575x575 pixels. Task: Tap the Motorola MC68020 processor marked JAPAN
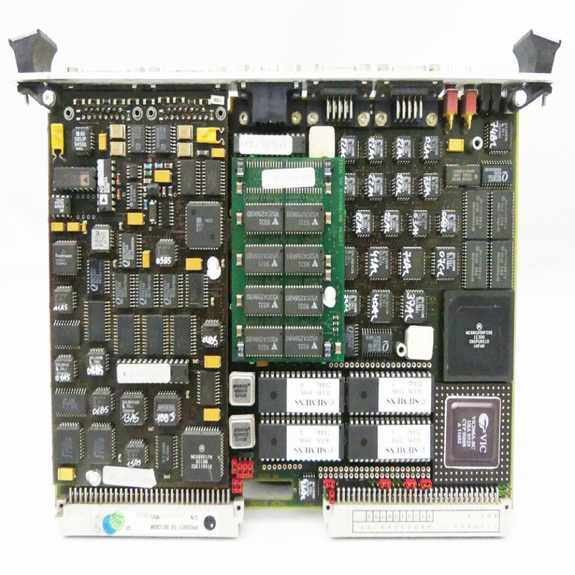click(x=479, y=335)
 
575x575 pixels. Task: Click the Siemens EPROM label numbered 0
click(x=312, y=392)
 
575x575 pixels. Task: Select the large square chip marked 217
click(x=204, y=224)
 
